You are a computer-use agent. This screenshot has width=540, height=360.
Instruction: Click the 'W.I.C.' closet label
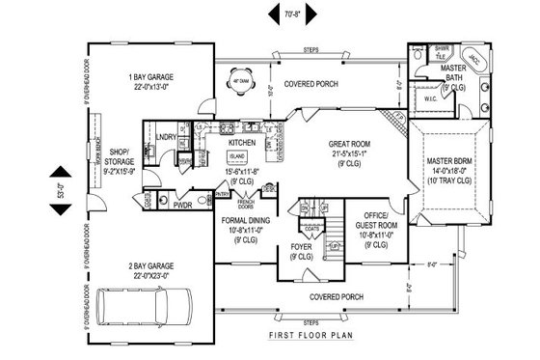[x=431, y=99]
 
